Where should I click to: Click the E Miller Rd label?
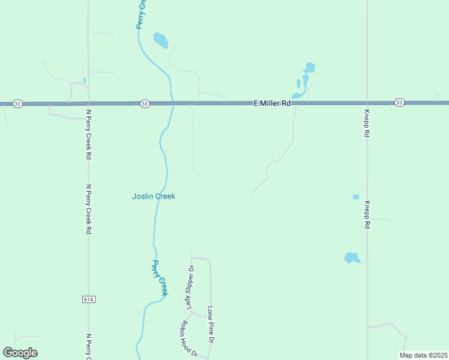pos(272,103)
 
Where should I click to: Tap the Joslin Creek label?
pos(154,196)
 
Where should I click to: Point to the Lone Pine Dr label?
pos(211,325)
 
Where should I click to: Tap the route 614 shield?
pos(89,299)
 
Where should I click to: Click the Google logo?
pos(20,353)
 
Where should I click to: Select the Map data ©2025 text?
pos(423,355)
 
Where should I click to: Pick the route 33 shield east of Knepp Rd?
pos(399,103)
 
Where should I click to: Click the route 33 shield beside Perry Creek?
pos(145,104)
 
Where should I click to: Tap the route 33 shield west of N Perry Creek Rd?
pos(17,104)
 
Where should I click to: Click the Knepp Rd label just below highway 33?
pos(366,123)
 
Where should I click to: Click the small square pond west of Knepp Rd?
pos(356,197)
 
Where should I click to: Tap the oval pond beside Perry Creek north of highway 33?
pos(160,40)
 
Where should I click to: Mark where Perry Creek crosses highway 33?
pos(172,104)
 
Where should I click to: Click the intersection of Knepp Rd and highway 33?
pos(366,103)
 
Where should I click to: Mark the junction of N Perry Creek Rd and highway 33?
pos(88,104)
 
